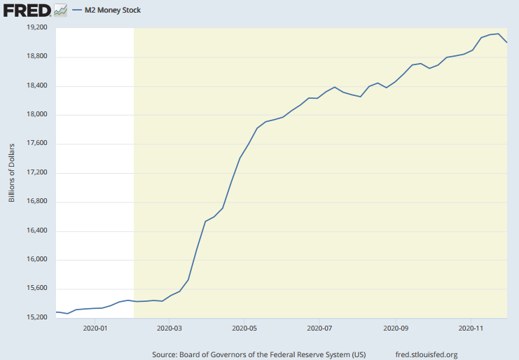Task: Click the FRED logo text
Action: pos(27,10)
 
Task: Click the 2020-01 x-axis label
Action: pos(95,327)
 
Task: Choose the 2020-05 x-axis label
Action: pos(244,327)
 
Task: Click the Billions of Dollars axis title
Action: pos(12,173)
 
